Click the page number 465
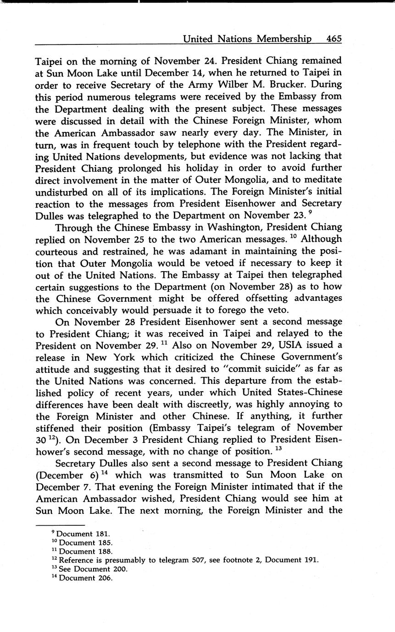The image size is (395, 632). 334,39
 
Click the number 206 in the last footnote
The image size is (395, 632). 105,578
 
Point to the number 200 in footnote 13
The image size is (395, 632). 119,569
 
